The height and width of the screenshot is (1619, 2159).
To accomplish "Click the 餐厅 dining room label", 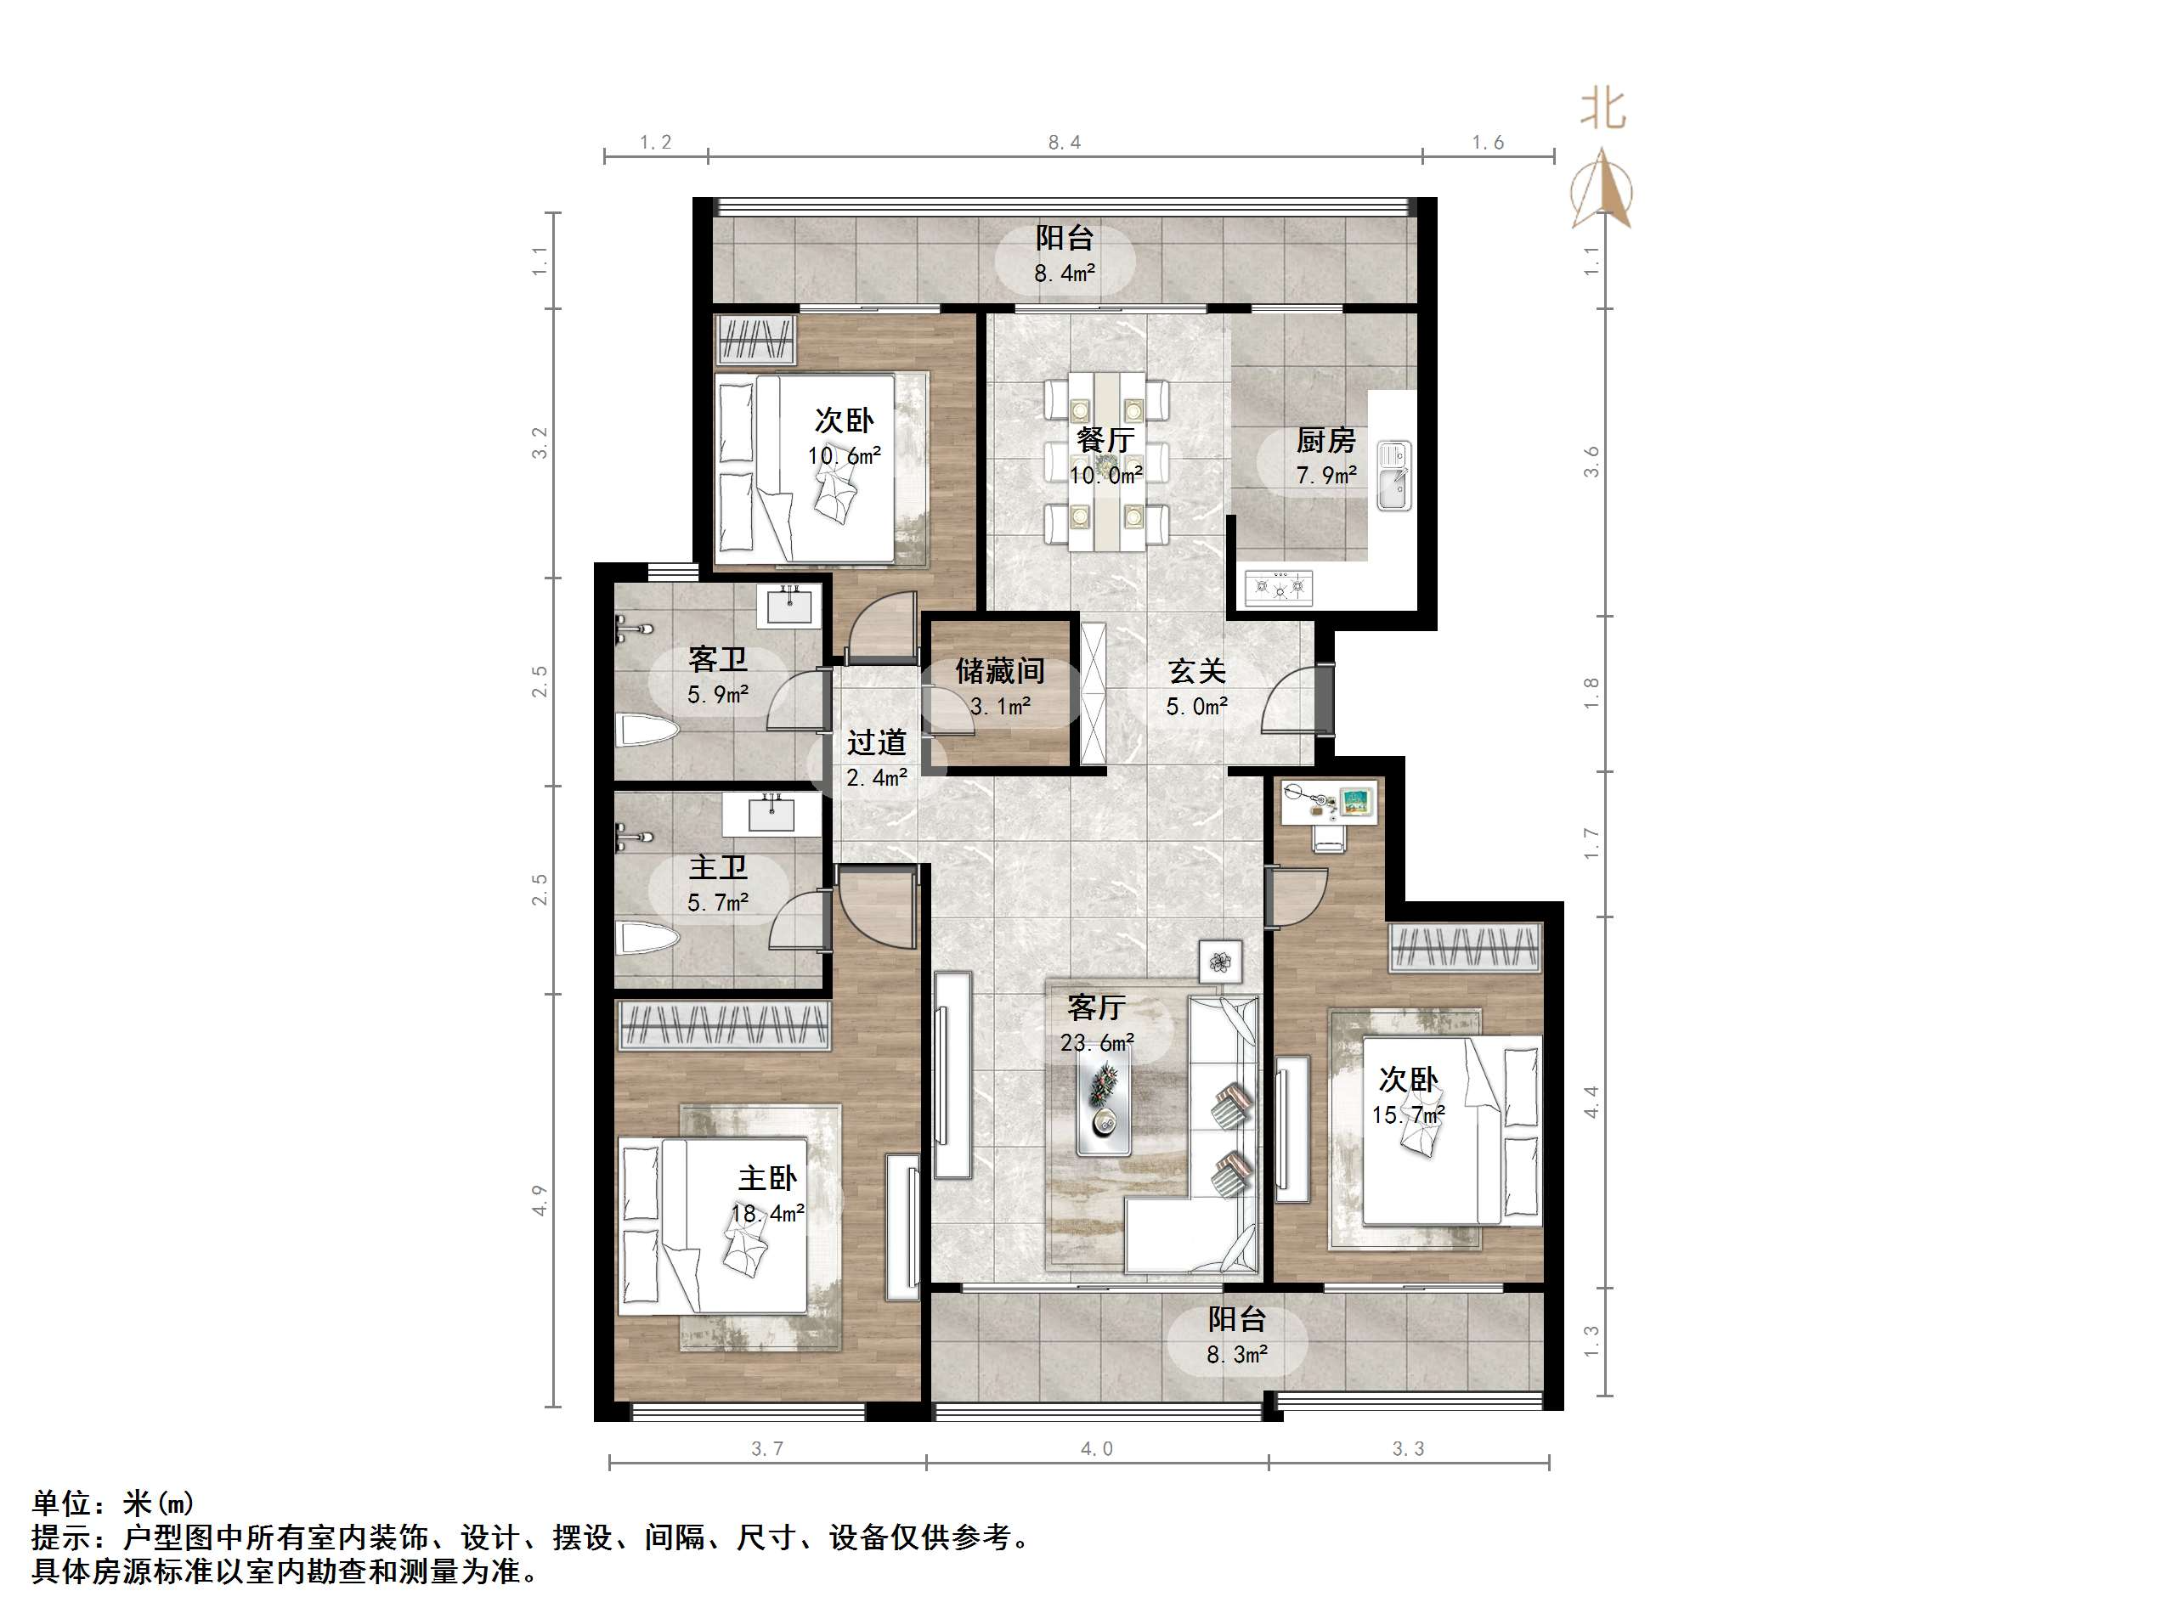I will point(1105,440).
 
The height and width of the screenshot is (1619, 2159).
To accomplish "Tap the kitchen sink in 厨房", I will point(1393,477).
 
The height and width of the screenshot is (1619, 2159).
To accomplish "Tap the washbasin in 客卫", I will point(788,605).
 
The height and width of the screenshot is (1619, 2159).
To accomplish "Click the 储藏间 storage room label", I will point(999,671).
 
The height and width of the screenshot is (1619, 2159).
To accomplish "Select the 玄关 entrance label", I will point(1197,671).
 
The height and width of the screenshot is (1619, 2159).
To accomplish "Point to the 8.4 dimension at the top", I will point(1065,143).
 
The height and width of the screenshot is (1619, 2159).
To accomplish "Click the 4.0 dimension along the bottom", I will point(1097,1449).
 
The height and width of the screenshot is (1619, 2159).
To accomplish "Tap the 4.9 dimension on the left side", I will point(540,1200).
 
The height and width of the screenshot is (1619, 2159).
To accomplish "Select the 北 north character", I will point(1602,110).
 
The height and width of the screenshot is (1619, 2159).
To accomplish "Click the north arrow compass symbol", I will point(1601,190).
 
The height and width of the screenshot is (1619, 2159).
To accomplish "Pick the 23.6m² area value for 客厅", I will point(1097,1043).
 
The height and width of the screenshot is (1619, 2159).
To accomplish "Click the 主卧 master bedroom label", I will point(767,1178).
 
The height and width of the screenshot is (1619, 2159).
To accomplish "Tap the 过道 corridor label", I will point(877,742).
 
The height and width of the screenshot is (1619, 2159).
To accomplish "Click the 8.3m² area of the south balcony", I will point(1236,1355).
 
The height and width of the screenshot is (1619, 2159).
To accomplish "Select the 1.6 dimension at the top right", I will point(1489,143).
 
